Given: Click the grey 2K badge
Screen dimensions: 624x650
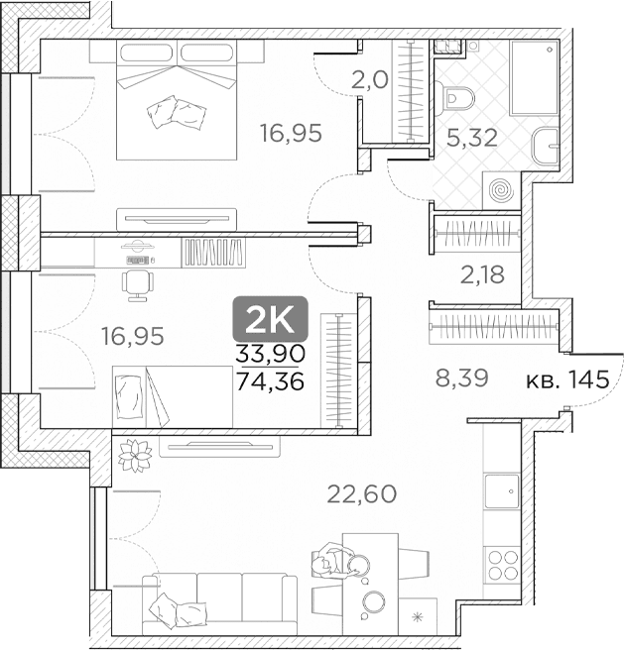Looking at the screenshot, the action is (x=270, y=319).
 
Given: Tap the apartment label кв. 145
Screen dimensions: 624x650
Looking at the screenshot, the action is (x=567, y=379).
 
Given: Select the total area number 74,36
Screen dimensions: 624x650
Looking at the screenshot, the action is (x=270, y=380).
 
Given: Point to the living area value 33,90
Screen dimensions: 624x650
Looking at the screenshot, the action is (x=270, y=354).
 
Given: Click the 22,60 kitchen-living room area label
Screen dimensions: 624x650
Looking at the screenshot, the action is (x=362, y=493).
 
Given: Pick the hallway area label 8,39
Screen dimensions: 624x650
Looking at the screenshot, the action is (x=461, y=378).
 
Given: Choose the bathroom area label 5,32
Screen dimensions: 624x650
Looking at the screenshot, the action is (x=472, y=138).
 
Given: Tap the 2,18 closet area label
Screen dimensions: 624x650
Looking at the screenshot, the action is (x=482, y=274).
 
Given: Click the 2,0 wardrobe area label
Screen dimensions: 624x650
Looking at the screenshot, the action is (x=369, y=80).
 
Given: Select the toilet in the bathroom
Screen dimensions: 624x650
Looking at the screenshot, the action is (x=456, y=98).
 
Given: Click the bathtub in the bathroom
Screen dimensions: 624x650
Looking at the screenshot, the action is (x=534, y=77).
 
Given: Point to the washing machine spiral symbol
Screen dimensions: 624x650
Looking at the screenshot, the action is (x=502, y=191).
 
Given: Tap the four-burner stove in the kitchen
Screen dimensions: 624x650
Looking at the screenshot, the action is (x=503, y=565).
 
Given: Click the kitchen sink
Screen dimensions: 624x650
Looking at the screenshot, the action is (x=502, y=491).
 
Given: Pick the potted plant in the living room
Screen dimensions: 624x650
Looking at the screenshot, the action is (x=135, y=455).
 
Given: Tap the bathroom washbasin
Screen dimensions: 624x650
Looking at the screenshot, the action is (x=545, y=146).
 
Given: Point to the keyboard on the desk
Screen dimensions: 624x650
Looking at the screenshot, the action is (x=138, y=261).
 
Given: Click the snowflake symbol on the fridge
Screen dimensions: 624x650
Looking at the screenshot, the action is (x=417, y=617).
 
